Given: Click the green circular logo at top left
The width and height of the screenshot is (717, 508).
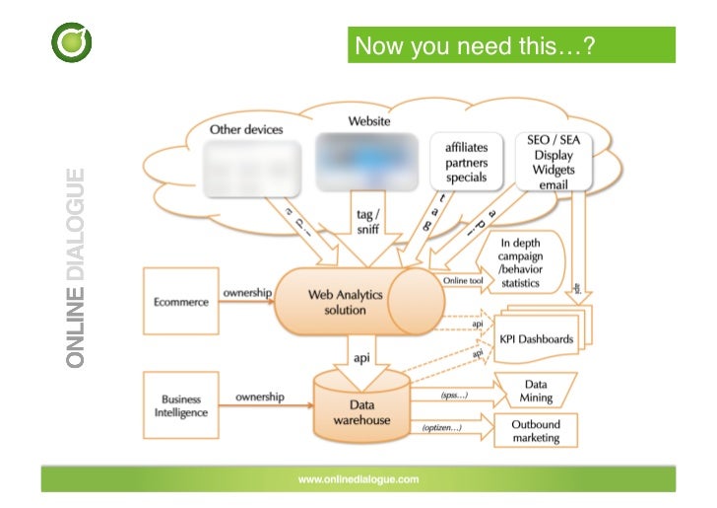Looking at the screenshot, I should (x=71, y=44).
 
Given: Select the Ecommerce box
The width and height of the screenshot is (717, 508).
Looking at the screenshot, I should (x=181, y=302).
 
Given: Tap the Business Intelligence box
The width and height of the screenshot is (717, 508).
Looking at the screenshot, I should (x=181, y=405).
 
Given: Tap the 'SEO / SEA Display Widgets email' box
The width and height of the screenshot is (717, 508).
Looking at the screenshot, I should (x=553, y=163).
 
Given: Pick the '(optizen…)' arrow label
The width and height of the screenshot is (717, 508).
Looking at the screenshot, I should (x=442, y=428).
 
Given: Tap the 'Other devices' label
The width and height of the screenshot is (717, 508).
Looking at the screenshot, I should (x=245, y=129).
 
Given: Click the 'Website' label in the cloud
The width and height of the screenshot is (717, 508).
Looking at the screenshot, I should (x=368, y=121).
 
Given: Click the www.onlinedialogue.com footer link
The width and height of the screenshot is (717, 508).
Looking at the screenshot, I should (x=358, y=478).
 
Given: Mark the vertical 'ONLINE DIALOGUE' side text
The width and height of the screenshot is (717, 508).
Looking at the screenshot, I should (x=75, y=268).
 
